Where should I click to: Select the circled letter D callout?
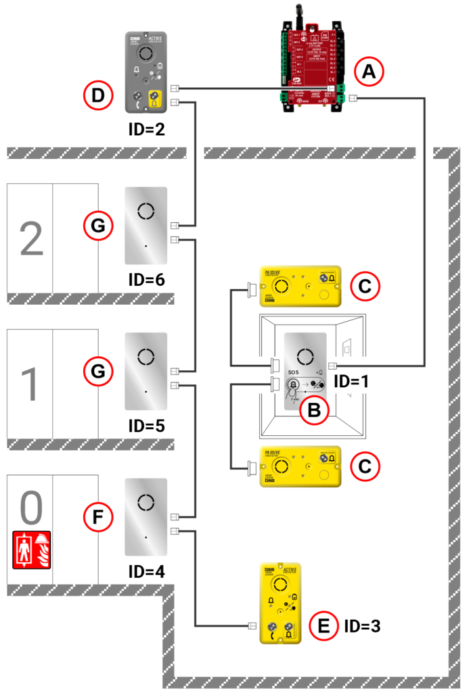(97, 95)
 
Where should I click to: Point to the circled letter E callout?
(324, 626)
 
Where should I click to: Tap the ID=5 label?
(147, 426)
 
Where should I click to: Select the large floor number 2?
(30, 238)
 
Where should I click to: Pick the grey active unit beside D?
(147, 72)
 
